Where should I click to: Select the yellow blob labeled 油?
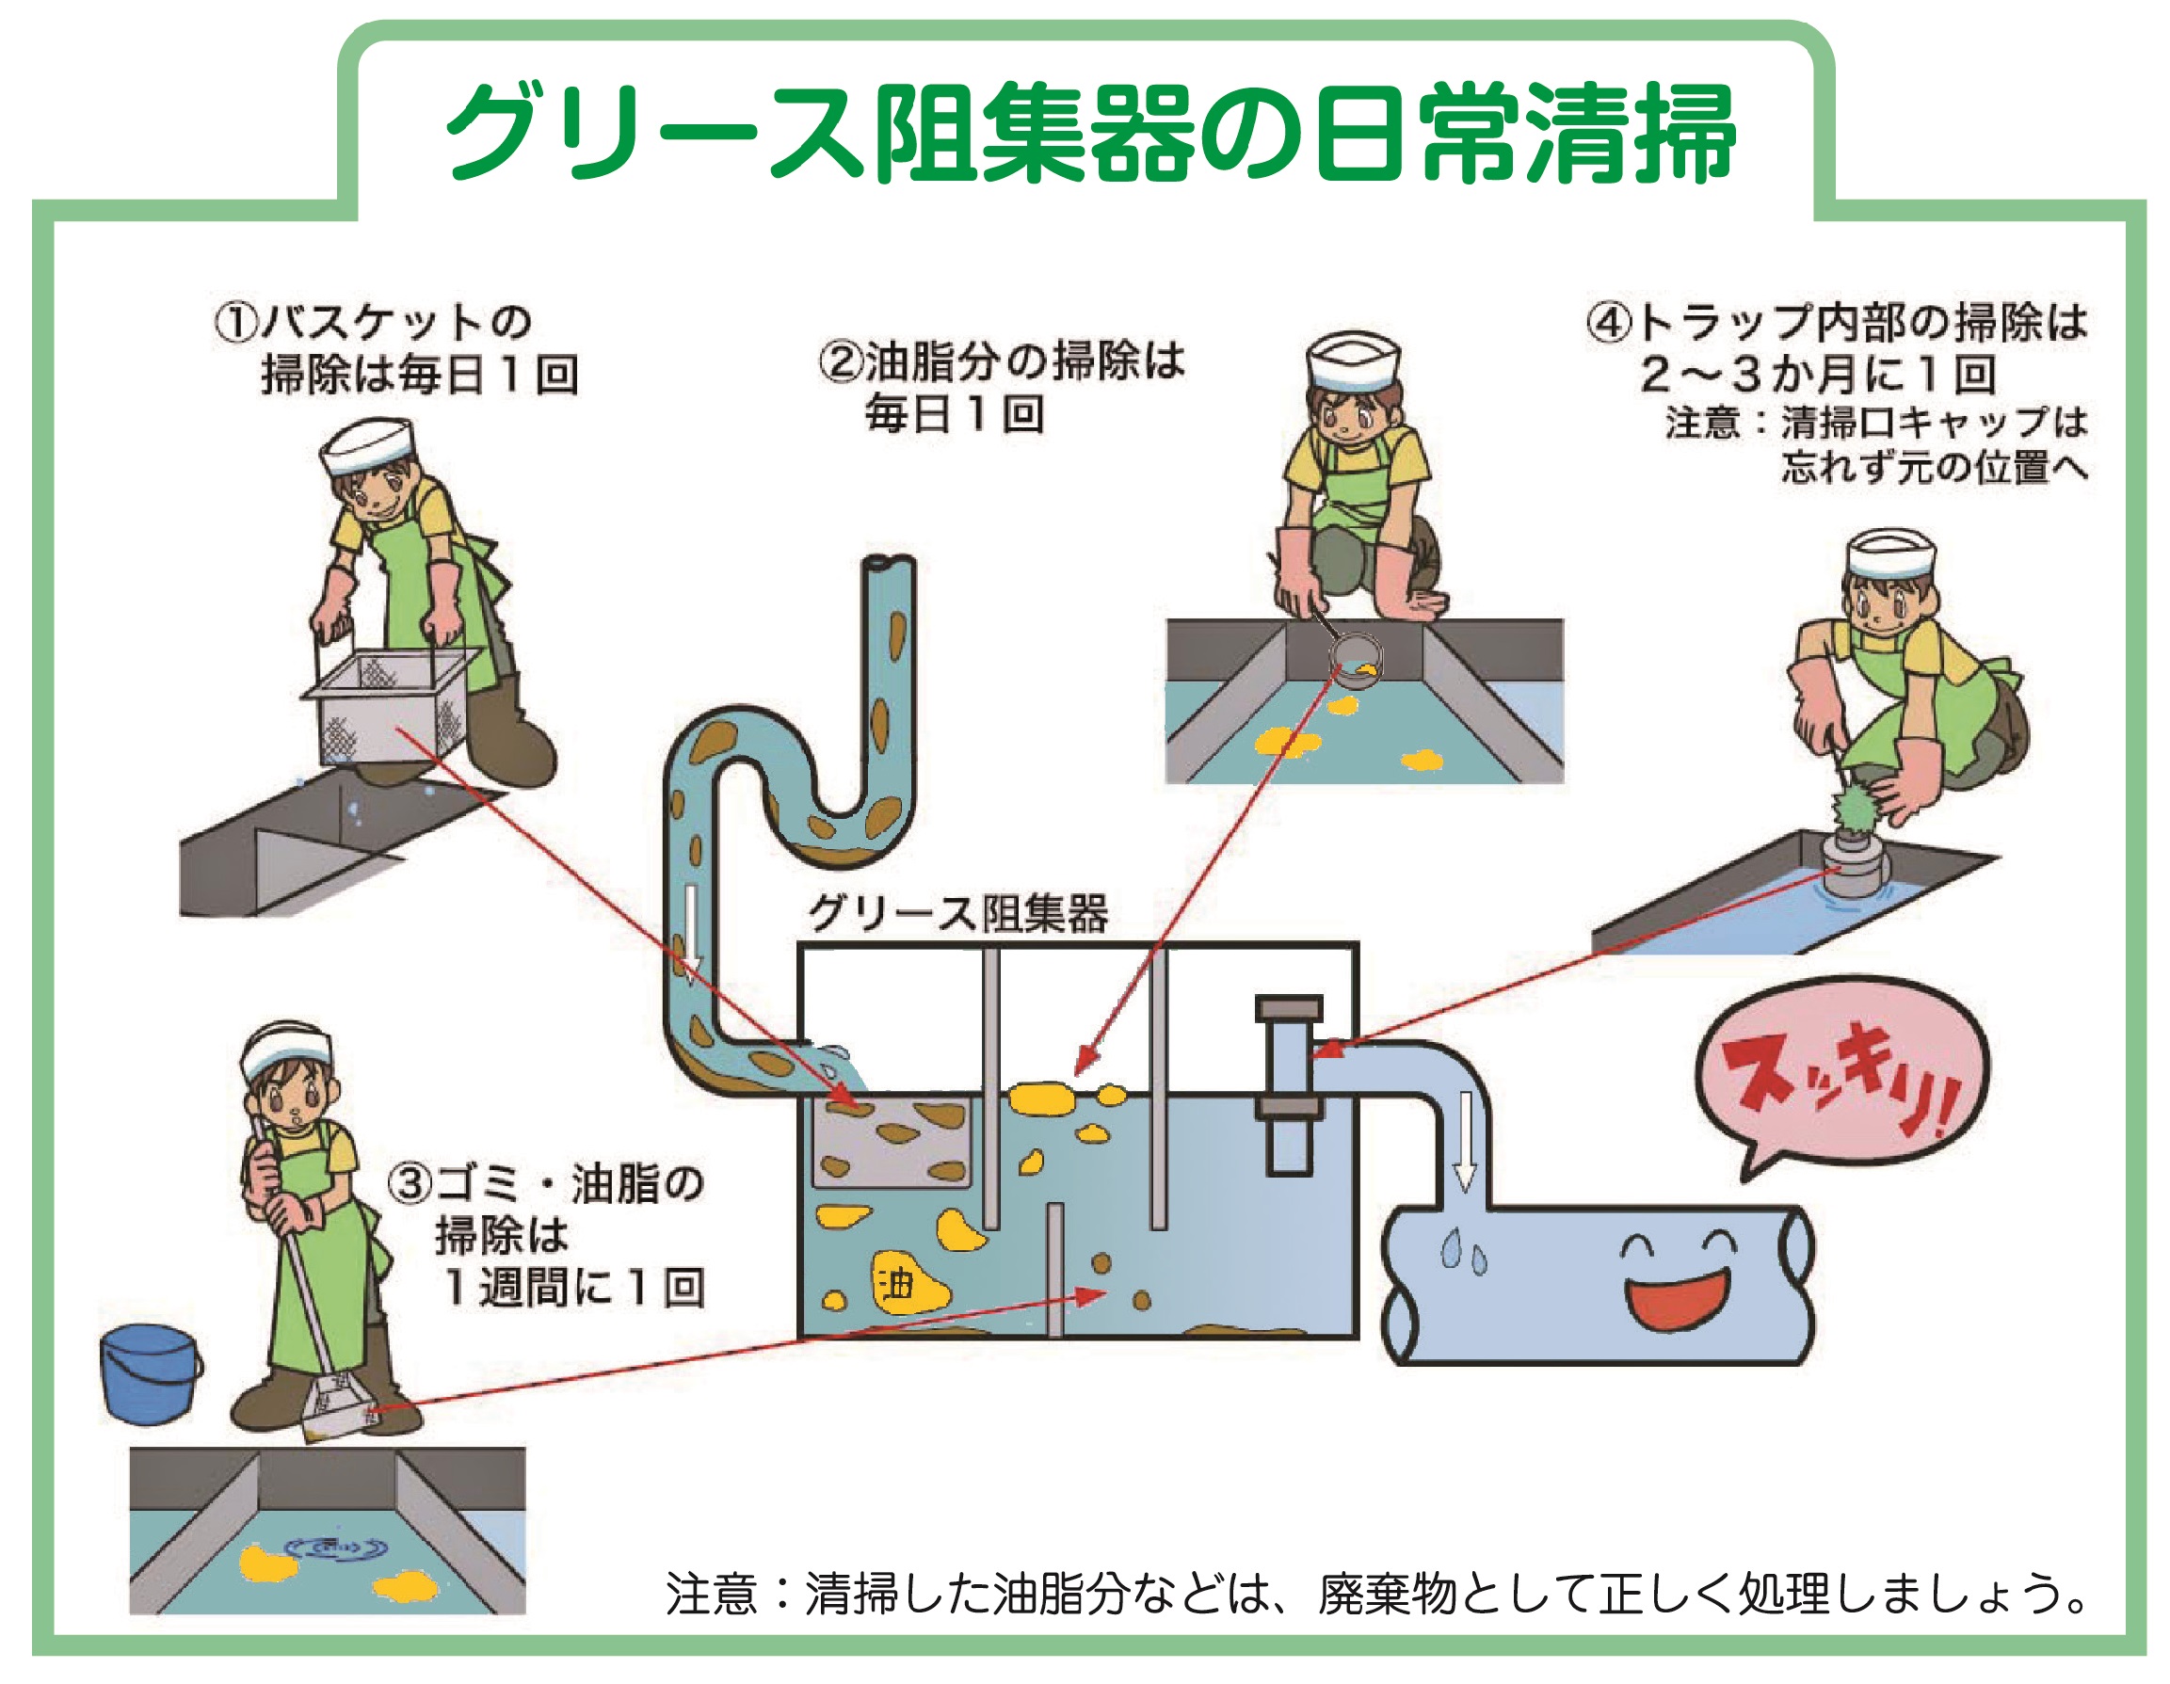pyautogui.click(x=907, y=1286)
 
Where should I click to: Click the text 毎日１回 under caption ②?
pyautogui.click(x=954, y=414)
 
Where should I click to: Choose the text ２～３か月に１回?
pyautogui.click(x=1818, y=375)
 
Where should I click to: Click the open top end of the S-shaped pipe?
pyautogui.click(x=890, y=562)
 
